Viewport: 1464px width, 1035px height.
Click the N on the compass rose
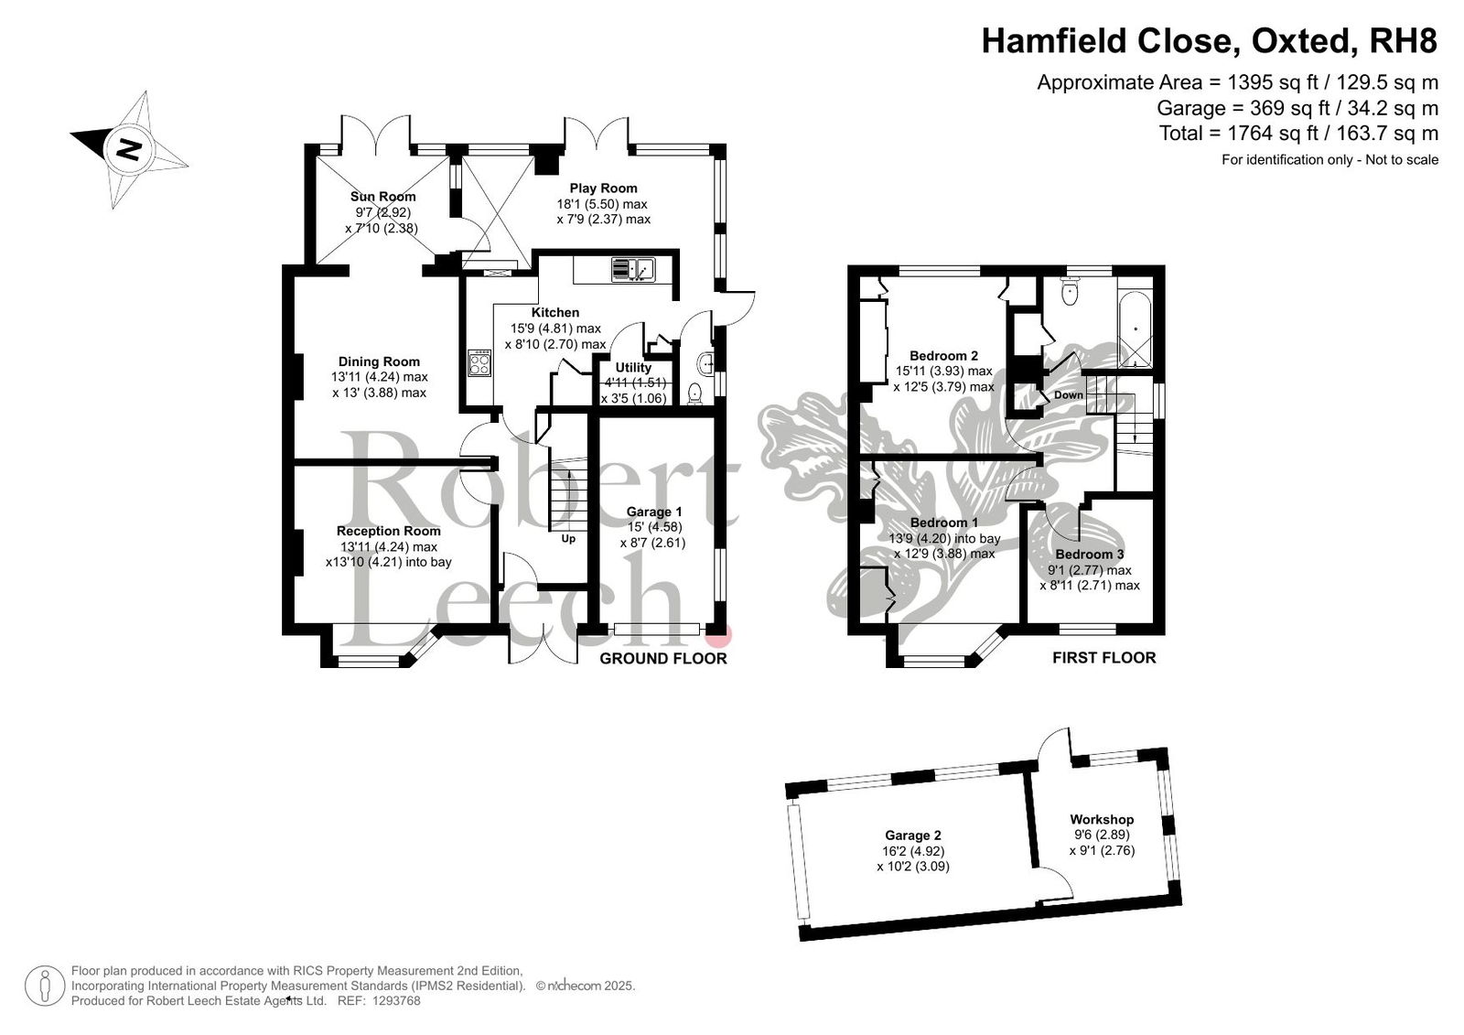[129, 150]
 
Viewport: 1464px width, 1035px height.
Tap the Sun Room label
[382, 196]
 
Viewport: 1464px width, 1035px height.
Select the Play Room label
[603, 189]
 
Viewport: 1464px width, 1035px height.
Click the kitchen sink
[632, 269]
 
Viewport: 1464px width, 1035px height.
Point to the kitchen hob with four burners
[479, 363]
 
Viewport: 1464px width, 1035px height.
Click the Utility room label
[632, 368]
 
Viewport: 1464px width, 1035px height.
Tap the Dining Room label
[379, 361]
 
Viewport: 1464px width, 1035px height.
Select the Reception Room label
[388, 531]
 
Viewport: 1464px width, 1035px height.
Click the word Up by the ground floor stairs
[568, 539]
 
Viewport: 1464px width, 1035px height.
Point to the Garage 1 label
[653, 512]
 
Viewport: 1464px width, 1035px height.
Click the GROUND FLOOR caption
[662, 658]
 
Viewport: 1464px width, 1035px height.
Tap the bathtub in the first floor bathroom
[1136, 329]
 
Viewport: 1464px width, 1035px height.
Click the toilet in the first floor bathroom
[1070, 290]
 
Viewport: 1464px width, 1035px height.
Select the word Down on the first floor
[1069, 395]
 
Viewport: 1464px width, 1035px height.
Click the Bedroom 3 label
[1090, 555]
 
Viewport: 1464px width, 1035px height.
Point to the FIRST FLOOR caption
[1103, 658]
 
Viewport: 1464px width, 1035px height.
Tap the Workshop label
[1102, 819]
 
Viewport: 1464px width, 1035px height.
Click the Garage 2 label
[913, 835]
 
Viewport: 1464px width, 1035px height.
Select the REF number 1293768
[397, 1000]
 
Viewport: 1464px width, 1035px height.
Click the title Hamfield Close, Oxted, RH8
[1210, 40]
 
